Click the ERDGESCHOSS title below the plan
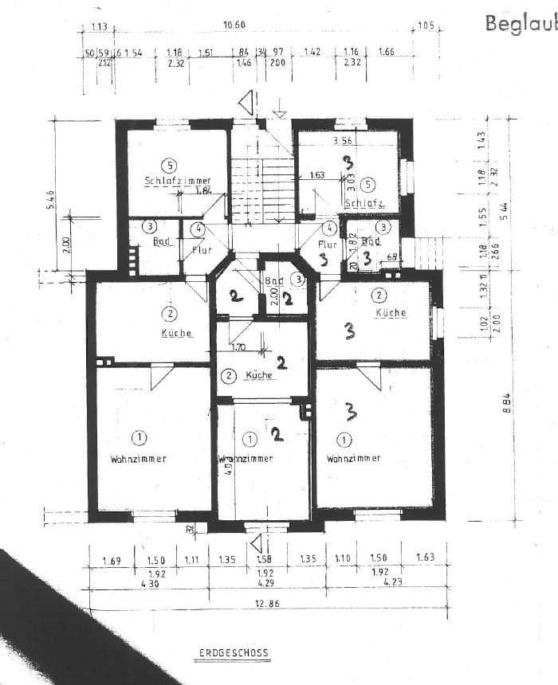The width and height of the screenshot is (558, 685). click(234, 653)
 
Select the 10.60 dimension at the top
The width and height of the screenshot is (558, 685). click(234, 25)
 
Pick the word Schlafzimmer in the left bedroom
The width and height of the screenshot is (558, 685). click(177, 181)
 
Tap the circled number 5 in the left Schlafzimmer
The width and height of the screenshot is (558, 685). click(168, 166)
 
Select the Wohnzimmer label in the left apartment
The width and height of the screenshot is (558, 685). click(139, 459)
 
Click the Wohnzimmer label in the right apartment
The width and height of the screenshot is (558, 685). click(353, 458)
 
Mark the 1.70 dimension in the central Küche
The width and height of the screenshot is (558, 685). click(238, 347)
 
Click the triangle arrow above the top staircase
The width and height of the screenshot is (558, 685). click(248, 103)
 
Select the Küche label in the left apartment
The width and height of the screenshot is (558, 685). click(177, 333)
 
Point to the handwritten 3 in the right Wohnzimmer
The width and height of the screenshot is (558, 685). click(349, 411)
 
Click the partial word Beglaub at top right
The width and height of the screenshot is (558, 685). click(521, 23)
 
